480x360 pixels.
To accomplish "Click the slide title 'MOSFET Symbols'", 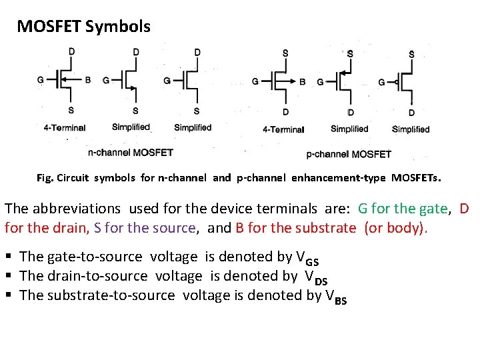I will click(83, 27).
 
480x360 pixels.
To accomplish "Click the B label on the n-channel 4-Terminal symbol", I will click(88, 80).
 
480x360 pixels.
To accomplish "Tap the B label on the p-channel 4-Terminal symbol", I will click(303, 82).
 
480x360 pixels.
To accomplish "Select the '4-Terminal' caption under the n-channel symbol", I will click(65, 128).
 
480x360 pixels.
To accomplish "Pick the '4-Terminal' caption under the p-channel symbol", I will click(283, 129).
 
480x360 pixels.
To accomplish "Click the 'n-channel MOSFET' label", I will click(131, 153).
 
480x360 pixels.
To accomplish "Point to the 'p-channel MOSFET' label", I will click(349, 154).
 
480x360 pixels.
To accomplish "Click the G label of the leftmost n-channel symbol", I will click(41, 80).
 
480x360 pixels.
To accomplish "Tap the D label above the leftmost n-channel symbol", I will click(71, 51).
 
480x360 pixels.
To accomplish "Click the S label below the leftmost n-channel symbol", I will click(71, 110).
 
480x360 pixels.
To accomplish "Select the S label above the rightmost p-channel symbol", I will click(411, 54).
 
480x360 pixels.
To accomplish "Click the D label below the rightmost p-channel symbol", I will click(411, 113).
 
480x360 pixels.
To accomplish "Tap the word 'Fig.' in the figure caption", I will click(45, 178).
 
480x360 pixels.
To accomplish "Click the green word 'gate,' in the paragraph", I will click(431, 209).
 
